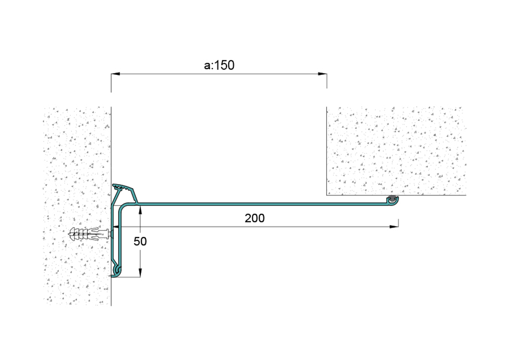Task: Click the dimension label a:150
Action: pos(219,65)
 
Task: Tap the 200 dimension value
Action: pos(255,218)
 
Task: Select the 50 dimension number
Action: pos(140,241)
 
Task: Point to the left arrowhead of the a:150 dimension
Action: pos(116,74)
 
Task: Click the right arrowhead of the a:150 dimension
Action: pos(322,74)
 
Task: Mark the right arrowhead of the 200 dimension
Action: pos(394,227)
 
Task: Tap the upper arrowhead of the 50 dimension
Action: pos(140,210)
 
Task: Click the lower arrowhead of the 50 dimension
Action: pos(140,273)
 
